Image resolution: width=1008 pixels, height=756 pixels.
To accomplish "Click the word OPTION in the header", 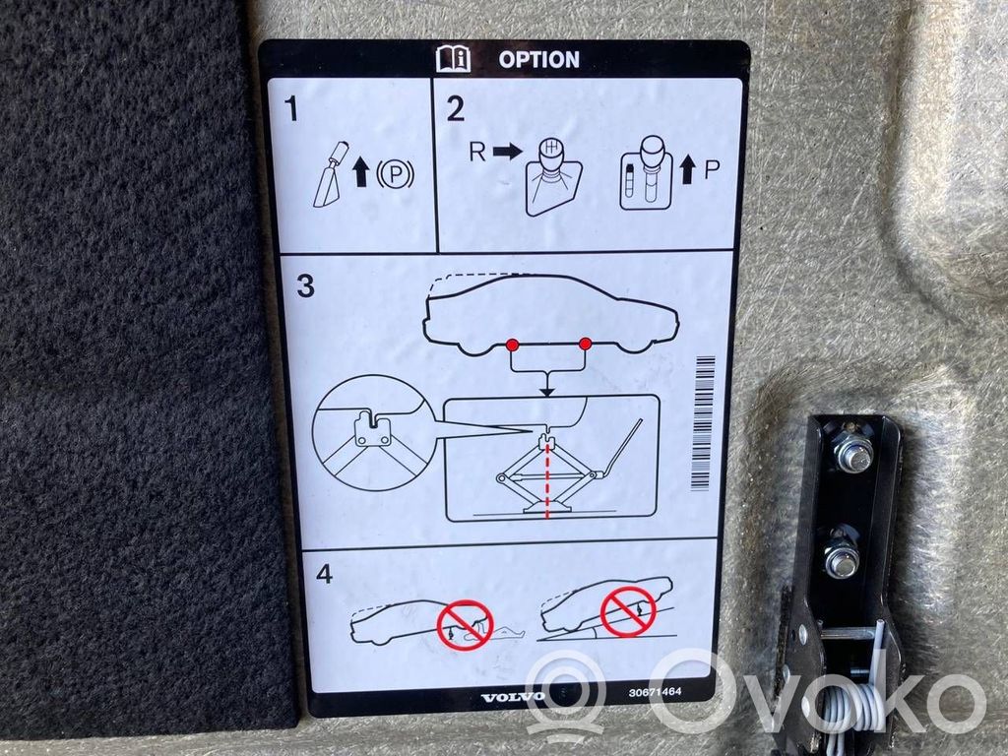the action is (538, 60).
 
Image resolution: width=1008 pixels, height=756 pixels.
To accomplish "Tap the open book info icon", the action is (453, 59).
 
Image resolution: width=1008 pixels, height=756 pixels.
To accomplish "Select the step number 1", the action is (291, 108).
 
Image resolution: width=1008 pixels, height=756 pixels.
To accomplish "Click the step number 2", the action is (455, 108).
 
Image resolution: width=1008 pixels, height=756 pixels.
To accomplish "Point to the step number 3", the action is (306, 285).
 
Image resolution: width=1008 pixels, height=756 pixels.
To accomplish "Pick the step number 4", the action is (324, 574).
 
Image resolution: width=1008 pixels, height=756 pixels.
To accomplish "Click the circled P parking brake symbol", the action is (395, 173).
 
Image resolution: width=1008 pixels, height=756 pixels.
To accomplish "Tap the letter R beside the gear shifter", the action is (477, 152).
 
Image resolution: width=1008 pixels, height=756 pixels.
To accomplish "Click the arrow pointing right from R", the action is (508, 152).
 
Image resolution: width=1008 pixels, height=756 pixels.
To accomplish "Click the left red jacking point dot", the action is (512, 346).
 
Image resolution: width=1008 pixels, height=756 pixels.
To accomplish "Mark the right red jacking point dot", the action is (585, 344).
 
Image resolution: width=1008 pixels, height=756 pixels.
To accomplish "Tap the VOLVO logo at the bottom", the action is (512, 698).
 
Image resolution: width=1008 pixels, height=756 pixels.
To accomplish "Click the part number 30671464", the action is (655, 692).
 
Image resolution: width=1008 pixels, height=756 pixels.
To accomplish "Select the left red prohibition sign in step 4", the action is (465, 625).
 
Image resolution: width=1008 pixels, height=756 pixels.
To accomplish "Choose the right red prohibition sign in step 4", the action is (628, 610).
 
